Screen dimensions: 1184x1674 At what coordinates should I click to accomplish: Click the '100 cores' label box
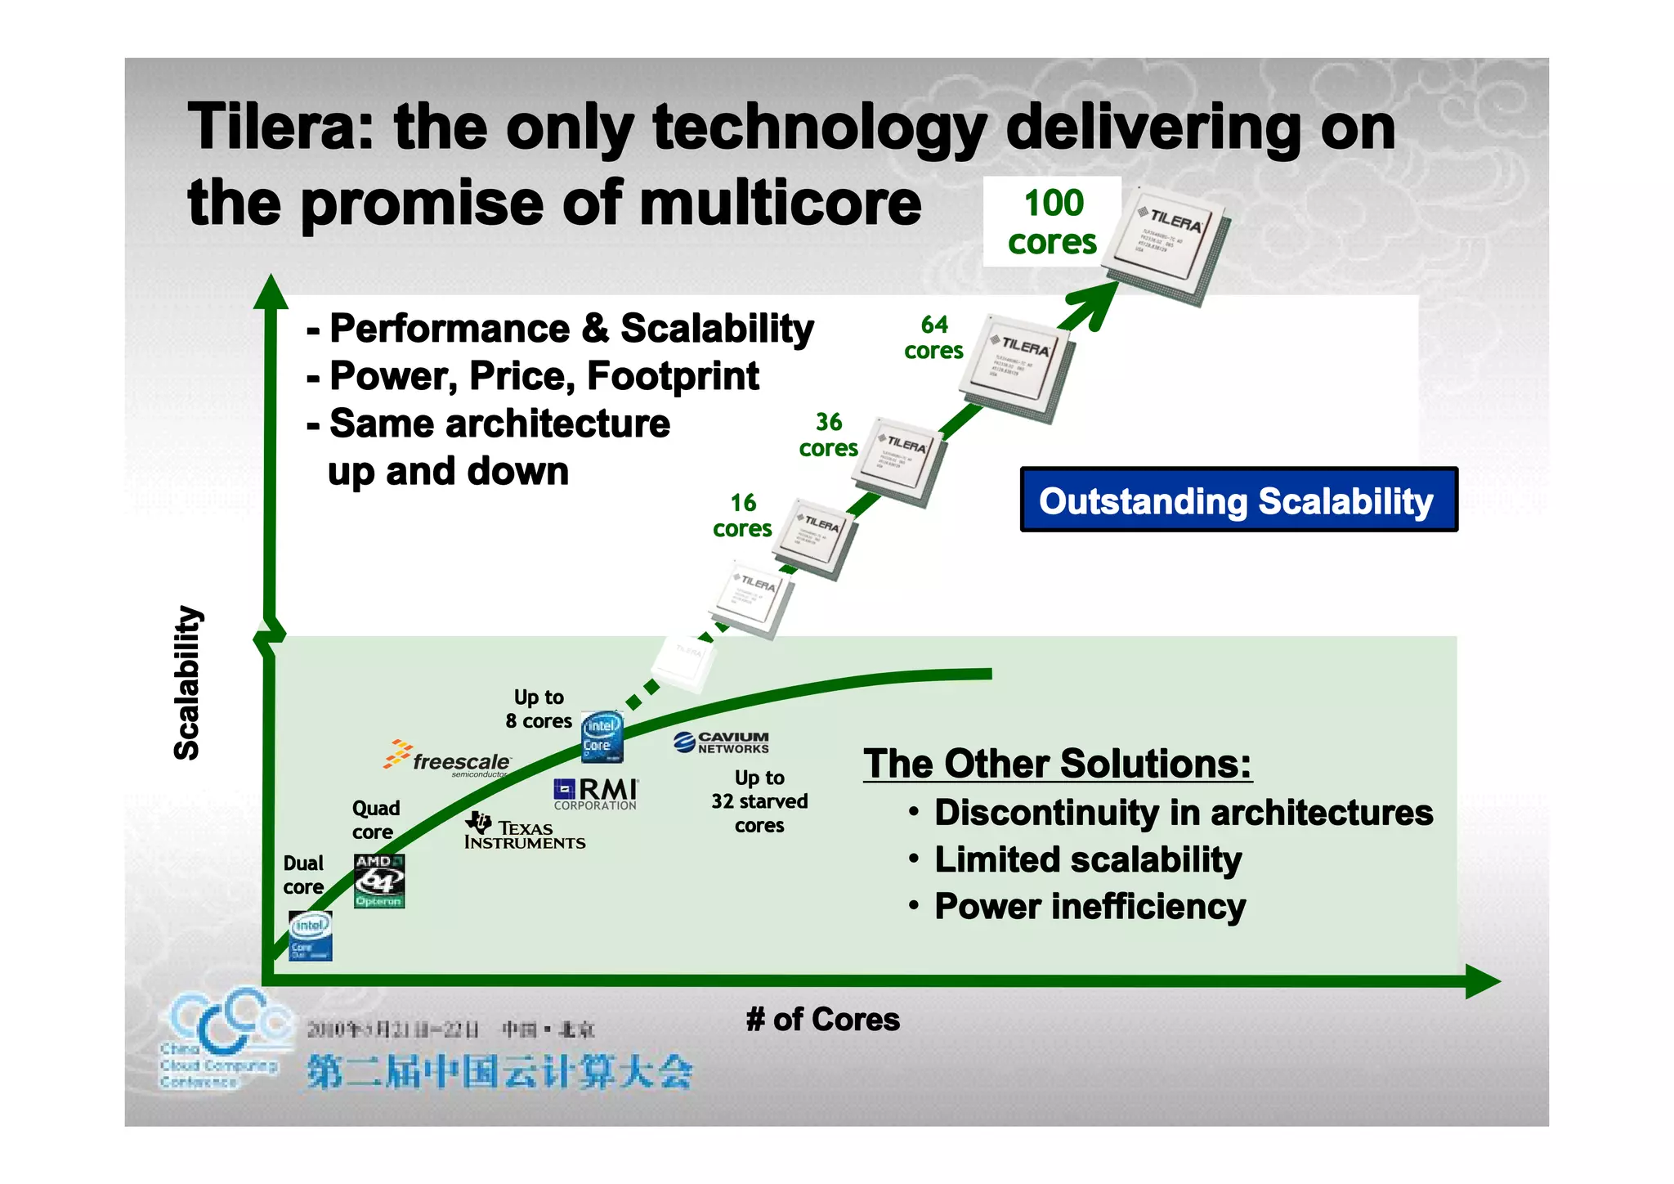[x=1052, y=222]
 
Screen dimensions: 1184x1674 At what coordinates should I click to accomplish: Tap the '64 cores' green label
[x=933, y=338]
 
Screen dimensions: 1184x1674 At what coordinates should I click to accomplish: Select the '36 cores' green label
[x=828, y=435]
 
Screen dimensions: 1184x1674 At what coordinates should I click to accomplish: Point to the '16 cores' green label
[x=742, y=515]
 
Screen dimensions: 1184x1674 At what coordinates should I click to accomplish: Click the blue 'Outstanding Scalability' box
[x=1238, y=500]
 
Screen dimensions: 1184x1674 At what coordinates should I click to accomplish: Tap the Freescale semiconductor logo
[x=448, y=758]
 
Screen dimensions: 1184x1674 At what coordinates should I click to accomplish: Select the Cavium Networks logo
[x=721, y=742]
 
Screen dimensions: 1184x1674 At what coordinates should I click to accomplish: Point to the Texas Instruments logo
[x=524, y=832]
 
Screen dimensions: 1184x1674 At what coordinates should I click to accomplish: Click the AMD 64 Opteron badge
[x=379, y=881]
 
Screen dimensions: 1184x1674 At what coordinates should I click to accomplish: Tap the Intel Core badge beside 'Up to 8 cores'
[x=602, y=736]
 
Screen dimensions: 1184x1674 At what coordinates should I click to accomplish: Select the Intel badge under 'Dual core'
[x=311, y=935]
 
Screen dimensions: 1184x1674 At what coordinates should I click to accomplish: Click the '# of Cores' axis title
[x=822, y=1020]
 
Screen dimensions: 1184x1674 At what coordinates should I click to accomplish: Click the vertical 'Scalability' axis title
[x=187, y=683]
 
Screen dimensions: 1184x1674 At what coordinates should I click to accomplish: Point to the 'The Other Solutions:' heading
[x=1057, y=764]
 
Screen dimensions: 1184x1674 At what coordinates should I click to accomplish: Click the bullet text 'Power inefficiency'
[x=1089, y=906]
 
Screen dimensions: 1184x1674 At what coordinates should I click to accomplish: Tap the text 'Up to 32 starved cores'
[x=759, y=801]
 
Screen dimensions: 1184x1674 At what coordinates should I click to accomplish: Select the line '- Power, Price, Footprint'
[x=533, y=376]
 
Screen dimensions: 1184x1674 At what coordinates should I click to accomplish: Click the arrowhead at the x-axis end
[x=1481, y=981]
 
